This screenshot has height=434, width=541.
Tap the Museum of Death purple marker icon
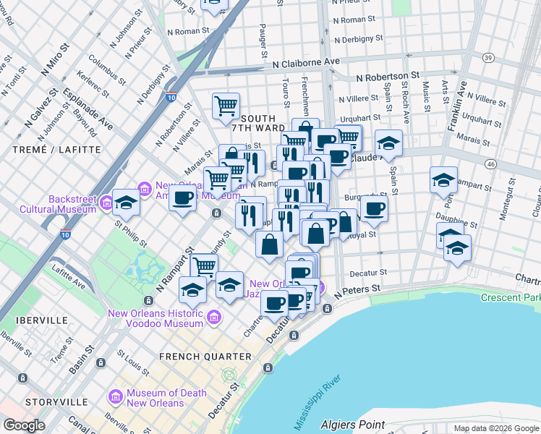(115, 397)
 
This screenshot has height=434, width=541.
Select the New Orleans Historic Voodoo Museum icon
(213, 318)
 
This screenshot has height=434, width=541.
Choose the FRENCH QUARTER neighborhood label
(205, 357)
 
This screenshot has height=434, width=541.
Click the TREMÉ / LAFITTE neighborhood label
(46, 149)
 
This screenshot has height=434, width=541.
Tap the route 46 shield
(490, 165)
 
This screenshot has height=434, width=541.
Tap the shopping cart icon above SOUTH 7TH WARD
(226, 106)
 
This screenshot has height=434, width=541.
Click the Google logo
(24, 425)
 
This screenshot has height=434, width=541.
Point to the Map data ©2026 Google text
(495, 428)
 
